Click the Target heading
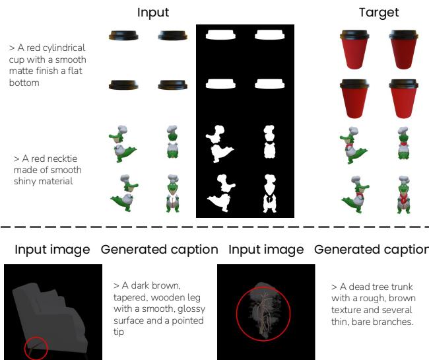379,13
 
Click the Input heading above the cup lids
153,13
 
